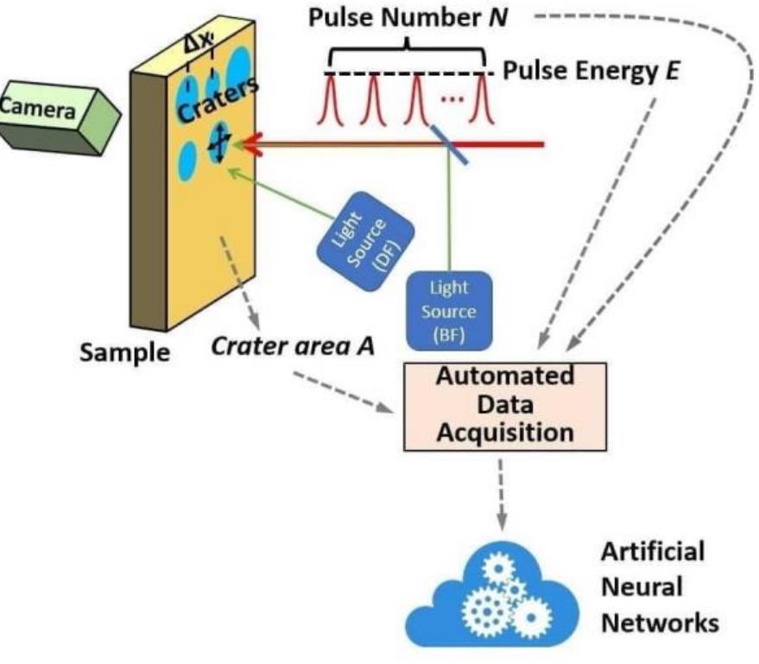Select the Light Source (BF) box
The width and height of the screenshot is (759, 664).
click(x=449, y=310)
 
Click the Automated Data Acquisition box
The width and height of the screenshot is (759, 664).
click(x=504, y=406)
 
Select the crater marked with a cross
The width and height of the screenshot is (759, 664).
click(x=219, y=144)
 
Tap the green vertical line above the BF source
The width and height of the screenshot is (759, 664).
click(x=449, y=216)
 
